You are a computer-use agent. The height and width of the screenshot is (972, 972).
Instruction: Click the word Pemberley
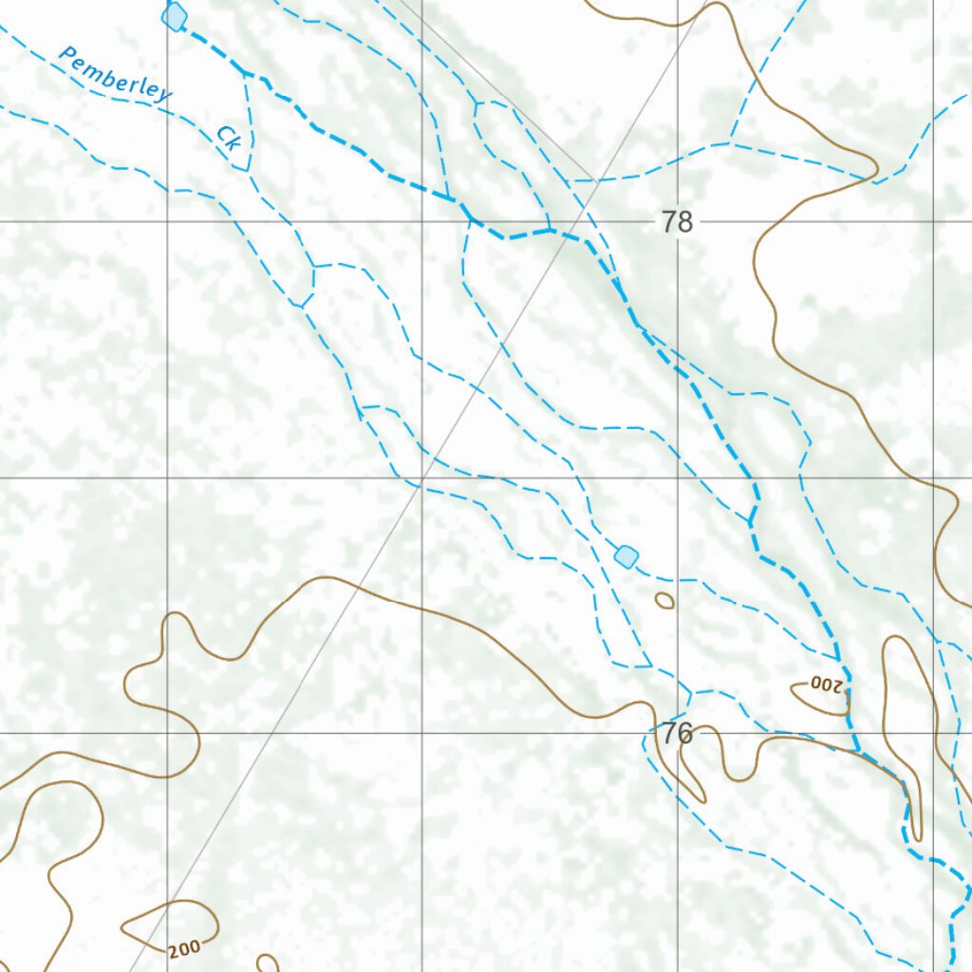tap(115, 74)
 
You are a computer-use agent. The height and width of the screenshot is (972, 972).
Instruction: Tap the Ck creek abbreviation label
tap(228, 139)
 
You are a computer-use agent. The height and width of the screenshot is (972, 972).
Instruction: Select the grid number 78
tap(677, 223)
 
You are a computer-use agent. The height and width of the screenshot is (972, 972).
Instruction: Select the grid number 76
tap(677, 733)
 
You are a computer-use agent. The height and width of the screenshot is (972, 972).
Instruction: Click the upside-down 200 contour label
tap(827, 683)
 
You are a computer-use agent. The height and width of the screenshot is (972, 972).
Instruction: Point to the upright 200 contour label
tap(184, 948)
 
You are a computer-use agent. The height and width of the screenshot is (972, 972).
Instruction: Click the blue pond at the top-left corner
tap(174, 16)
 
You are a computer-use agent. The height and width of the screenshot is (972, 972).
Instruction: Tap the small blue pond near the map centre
tap(626, 556)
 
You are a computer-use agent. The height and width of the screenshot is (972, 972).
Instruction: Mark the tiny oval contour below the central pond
tap(664, 600)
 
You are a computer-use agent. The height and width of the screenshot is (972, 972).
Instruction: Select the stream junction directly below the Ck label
tap(248, 171)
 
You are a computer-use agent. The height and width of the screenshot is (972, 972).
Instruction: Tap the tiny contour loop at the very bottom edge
tap(268, 963)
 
